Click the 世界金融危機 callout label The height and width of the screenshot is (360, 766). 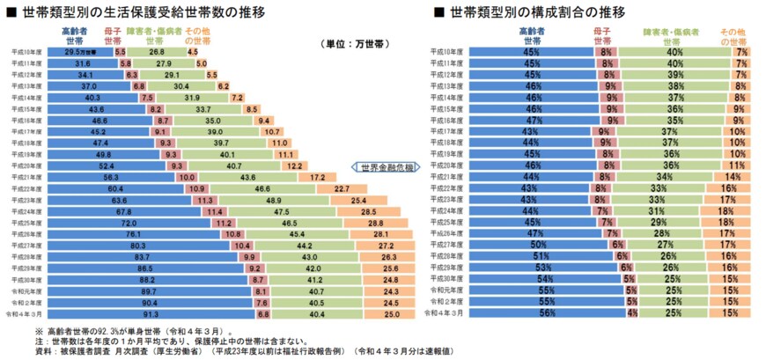coord(386,166)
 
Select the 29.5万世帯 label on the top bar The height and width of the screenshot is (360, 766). coord(81,52)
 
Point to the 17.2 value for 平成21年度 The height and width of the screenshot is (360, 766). coord(316,177)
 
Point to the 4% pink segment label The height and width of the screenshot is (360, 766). coord(631,312)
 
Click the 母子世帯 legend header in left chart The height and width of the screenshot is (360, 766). coord(114,34)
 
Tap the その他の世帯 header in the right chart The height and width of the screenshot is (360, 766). coord(733,34)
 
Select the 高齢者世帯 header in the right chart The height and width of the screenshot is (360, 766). coord(531,34)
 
